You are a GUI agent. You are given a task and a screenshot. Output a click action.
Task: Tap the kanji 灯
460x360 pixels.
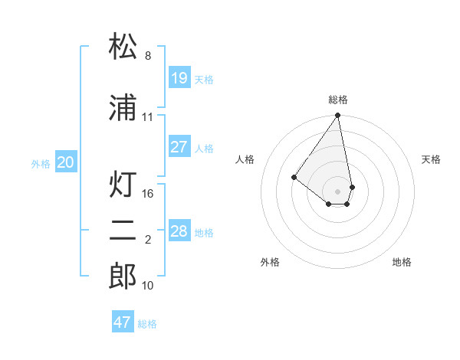(123, 185)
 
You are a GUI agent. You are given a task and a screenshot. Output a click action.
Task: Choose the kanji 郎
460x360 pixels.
(123, 276)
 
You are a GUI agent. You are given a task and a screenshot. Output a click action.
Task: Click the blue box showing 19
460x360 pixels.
(179, 78)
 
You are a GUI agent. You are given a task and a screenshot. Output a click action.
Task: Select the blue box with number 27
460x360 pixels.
(179, 147)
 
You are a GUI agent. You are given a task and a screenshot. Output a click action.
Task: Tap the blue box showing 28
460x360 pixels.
(179, 231)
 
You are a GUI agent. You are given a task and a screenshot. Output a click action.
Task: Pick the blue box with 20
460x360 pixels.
(66, 162)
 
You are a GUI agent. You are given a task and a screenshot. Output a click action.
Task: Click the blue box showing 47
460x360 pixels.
(123, 322)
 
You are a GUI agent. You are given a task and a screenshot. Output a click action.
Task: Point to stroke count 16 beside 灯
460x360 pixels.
(148, 194)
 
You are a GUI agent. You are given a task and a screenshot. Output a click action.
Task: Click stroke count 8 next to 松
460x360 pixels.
(148, 56)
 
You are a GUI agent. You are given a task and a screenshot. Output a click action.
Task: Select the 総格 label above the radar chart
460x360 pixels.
(338, 100)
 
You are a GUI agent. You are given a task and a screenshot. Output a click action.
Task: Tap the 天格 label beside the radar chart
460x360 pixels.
(432, 159)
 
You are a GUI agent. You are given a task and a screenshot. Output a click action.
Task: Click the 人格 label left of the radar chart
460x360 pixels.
(245, 159)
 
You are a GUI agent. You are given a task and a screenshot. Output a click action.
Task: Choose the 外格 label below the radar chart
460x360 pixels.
(270, 262)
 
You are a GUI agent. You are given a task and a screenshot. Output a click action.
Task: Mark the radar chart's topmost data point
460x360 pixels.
(338, 116)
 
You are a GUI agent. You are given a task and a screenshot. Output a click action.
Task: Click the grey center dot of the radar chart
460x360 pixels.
(338, 191)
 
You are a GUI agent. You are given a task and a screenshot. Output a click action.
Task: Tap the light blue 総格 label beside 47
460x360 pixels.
(147, 324)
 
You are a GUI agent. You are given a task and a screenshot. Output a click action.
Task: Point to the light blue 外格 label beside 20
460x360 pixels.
(41, 163)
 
